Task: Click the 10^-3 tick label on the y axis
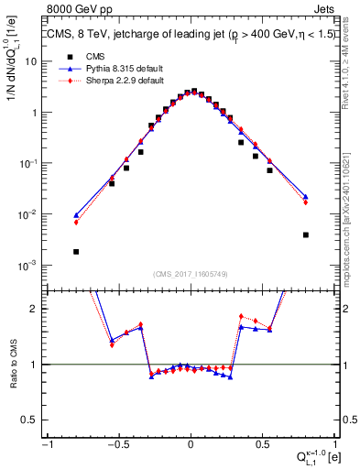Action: (x=28, y=266)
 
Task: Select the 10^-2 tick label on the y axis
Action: (x=28, y=214)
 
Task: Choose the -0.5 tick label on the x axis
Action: (x=115, y=444)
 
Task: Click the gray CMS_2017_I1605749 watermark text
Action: (x=190, y=274)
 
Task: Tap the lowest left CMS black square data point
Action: (x=76, y=251)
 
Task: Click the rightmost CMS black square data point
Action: (x=305, y=234)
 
